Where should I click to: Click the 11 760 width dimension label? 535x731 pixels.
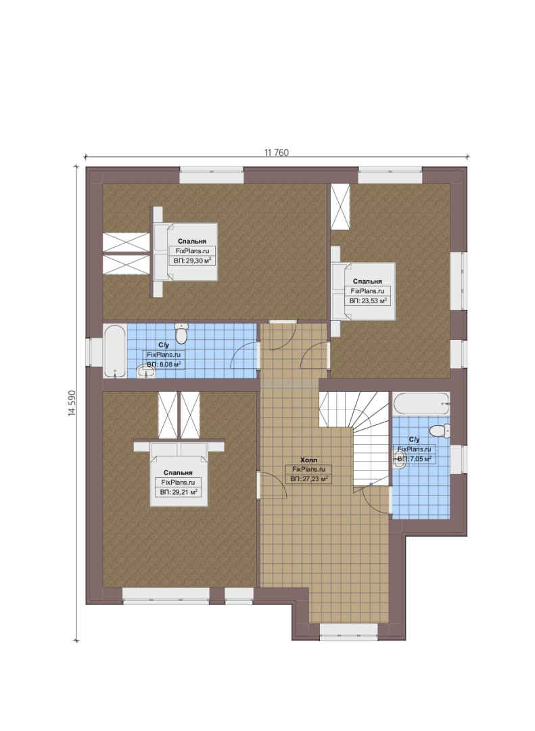[277, 152]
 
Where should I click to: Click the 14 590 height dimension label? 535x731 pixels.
[72, 403]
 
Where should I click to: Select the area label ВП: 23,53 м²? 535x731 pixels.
[369, 301]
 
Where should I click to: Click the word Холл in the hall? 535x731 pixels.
[308, 460]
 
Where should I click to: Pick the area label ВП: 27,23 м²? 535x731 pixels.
[309, 479]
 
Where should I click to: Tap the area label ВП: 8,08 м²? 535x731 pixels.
[164, 365]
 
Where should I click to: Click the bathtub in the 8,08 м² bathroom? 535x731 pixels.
[115, 351]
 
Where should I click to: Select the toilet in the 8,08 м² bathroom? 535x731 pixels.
[181, 333]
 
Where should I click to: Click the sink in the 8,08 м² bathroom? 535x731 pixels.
[145, 372]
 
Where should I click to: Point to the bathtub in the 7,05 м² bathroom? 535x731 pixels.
[421, 403]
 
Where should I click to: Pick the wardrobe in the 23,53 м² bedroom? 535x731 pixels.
[341, 206]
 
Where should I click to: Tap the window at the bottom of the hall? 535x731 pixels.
[348, 632]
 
